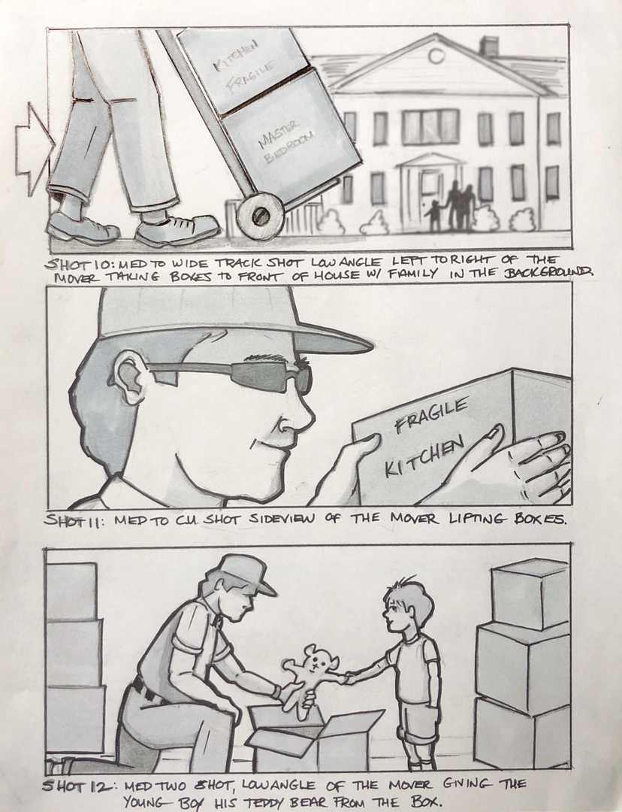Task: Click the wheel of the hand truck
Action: [x=262, y=216]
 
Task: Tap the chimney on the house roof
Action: [x=488, y=47]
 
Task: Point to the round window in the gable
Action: [x=436, y=56]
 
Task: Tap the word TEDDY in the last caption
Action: [x=264, y=802]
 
